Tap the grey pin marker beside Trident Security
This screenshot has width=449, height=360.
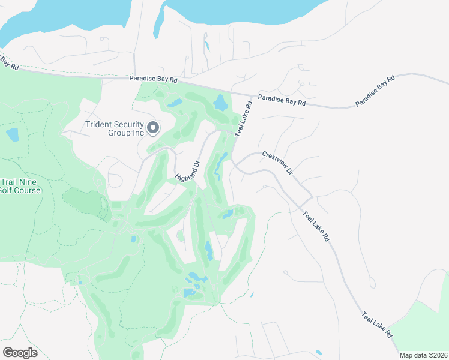(152, 128)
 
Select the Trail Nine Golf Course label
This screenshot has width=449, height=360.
(20, 186)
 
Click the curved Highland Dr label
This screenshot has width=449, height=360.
(187, 172)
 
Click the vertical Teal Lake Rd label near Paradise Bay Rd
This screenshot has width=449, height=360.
(244, 119)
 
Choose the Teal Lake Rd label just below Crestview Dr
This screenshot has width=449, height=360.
(316, 226)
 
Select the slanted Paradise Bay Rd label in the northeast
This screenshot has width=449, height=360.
(375, 91)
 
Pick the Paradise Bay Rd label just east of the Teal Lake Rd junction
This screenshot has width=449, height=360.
(282, 100)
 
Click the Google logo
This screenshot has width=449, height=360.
(20, 352)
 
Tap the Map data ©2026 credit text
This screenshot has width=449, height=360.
(423, 355)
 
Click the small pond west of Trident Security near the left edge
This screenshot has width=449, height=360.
(12, 134)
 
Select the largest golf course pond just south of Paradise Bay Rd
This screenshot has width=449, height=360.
(220, 103)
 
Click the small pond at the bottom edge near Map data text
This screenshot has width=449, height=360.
(318, 352)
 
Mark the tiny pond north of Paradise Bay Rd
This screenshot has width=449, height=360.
(207, 45)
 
